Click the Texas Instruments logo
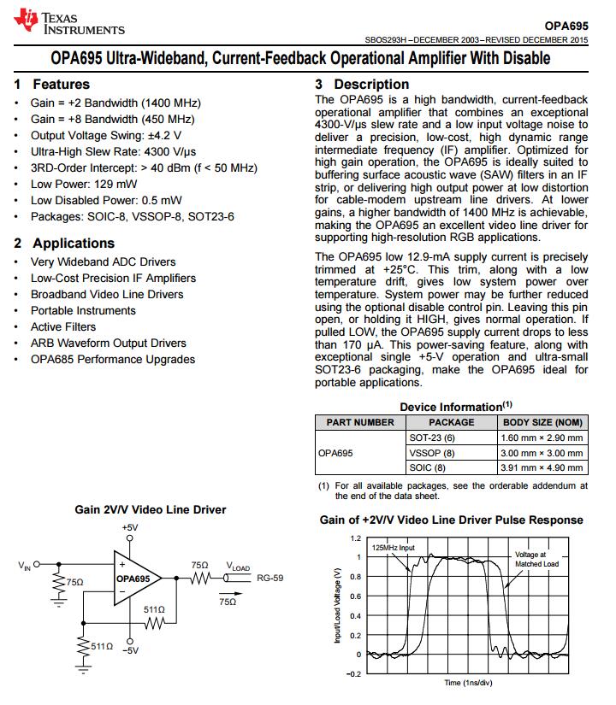pos(69,23)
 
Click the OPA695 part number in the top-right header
pos(566,26)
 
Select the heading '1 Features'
pos(52,85)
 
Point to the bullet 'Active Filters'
pos(63,326)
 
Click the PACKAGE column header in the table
pos(451,422)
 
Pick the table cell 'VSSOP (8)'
pos(432,453)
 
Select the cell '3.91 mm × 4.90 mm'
pos(542,468)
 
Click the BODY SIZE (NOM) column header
pos(542,422)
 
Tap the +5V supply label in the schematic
pos(129,528)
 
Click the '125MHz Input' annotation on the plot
pos(394,547)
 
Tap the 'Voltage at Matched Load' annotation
pos(536,559)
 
